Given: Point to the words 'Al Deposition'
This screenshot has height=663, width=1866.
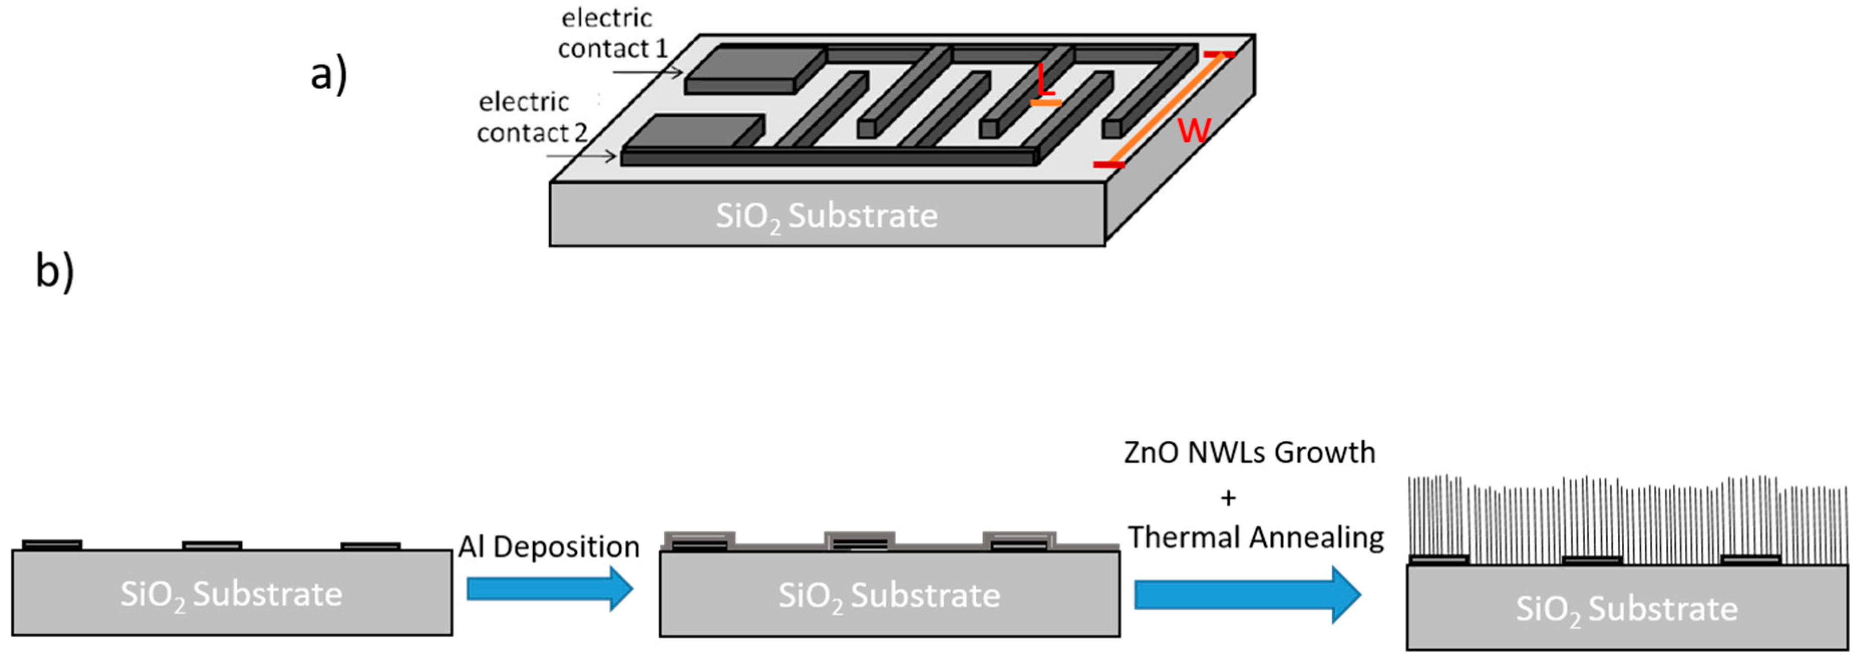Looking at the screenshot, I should [x=548, y=546].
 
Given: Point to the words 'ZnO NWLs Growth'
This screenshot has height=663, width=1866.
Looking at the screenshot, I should [x=1249, y=452].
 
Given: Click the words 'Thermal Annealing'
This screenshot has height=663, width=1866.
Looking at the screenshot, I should [x=1255, y=538].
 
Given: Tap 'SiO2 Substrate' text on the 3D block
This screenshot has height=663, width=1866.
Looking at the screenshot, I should [x=826, y=216].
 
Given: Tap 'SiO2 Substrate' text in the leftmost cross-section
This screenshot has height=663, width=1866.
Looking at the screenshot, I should [x=231, y=594].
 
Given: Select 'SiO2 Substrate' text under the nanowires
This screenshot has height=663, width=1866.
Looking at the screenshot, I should [x=1626, y=609].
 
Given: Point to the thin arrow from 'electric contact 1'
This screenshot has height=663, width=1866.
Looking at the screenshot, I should [x=647, y=72].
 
